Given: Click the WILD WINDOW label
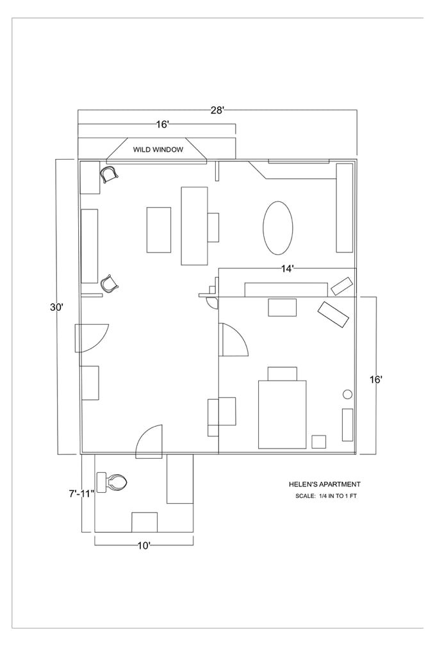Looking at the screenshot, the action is [158, 149].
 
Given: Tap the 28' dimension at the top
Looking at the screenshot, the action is [217, 110].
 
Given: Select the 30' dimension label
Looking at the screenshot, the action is [57, 307].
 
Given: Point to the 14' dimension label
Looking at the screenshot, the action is [288, 268].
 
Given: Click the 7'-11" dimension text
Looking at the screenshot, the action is [81, 494].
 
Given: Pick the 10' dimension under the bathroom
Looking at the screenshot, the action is [143, 546].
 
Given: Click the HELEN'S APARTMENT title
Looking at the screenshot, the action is [325, 484].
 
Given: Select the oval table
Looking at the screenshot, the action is [278, 228].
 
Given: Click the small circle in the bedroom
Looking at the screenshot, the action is [348, 394].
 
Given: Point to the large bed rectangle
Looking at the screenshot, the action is [282, 415].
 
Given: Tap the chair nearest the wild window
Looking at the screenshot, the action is [109, 174].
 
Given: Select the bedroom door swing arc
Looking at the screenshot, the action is [239, 334].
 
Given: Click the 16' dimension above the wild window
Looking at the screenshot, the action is [163, 124].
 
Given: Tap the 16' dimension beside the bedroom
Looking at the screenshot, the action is [376, 379].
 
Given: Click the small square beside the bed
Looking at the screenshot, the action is [319, 442].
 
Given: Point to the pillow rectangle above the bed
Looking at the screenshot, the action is [282, 374].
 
